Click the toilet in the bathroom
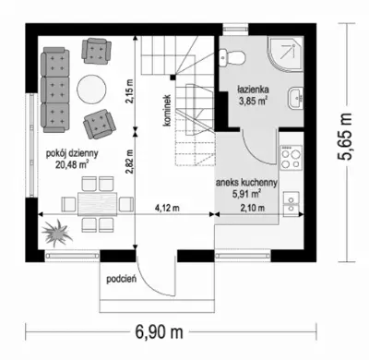(x=232, y=57)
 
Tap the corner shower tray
(x=285, y=54)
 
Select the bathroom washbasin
(x=296, y=98)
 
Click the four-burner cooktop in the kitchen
(x=291, y=158)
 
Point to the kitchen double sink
(x=291, y=204)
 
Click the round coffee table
(x=92, y=90)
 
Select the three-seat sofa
(x=54, y=90)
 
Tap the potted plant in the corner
(x=57, y=232)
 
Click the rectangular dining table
(x=98, y=203)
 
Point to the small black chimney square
(x=173, y=77)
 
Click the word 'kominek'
(x=167, y=111)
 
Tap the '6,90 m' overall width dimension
(x=159, y=332)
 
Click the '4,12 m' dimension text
(x=167, y=208)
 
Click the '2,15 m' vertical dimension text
(x=130, y=91)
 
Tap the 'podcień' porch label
(x=122, y=280)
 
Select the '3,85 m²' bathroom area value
(x=253, y=101)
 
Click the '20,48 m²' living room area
(x=72, y=164)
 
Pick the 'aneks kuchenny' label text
(x=246, y=183)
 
